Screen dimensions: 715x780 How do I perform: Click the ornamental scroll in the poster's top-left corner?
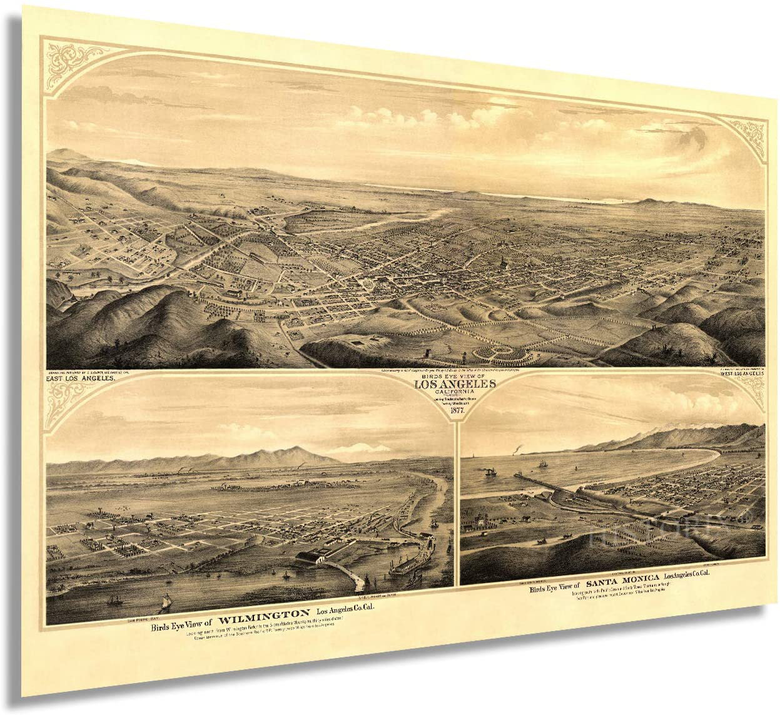point(66,54)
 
